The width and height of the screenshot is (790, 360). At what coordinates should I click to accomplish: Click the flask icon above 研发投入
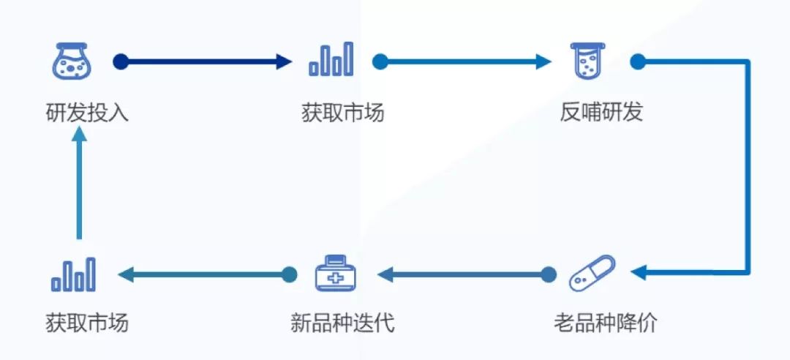pyautogui.click(x=71, y=61)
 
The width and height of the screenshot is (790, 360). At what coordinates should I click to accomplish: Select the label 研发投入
pyautogui.click(x=86, y=113)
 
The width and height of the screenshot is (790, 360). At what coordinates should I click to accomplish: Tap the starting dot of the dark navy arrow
pyautogui.click(x=121, y=61)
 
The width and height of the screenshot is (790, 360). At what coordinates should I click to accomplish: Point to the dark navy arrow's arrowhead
pyautogui.click(x=285, y=61)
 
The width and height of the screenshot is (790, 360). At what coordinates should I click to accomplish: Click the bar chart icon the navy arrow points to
pyautogui.click(x=331, y=60)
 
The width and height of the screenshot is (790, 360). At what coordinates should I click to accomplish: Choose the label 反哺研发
pyautogui.click(x=601, y=113)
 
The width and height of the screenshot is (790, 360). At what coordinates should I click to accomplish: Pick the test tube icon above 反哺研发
pyautogui.click(x=590, y=61)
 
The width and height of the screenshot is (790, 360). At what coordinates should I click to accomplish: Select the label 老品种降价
pyautogui.click(x=605, y=323)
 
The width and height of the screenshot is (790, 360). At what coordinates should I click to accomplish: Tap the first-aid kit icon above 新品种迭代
pyautogui.click(x=336, y=274)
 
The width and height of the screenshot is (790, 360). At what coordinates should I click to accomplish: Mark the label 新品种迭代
pyautogui.click(x=342, y=323)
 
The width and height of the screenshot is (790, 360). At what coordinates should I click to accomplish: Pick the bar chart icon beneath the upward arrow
pyautogui.click(x=73, y=274)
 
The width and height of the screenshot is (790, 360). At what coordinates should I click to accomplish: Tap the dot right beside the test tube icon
pyautogui.click(x=637, y=61)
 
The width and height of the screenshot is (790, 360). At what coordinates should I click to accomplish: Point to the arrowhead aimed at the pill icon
pyautogui.click(x=637, y=274)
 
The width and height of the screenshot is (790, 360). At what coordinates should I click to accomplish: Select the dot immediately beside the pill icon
pyautogui.click(x=549, y=274)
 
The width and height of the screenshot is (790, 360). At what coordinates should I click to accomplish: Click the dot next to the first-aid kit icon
pyautogui.click(x=290, y=274)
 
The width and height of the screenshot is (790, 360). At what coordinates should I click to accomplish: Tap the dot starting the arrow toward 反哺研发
pyautogui.click(x=379, y=61)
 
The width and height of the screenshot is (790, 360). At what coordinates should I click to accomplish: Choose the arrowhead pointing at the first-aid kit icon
pyautogui.click(x=383, y=274)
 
